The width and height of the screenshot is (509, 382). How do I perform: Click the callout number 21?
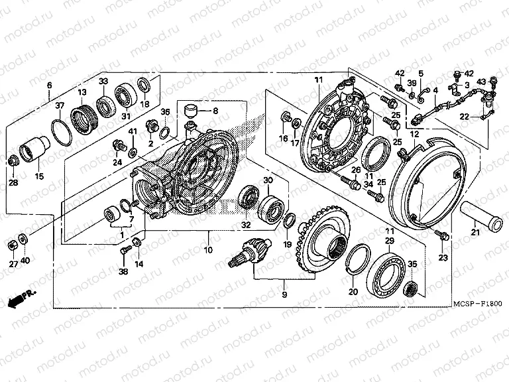pyautogui.click(x=474, y=231)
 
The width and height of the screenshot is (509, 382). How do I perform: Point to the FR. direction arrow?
pyautogui.click(x=23, y=296)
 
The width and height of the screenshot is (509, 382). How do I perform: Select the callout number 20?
pyautogui.click(x=353, y=291)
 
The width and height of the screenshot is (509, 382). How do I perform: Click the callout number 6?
pyautogui.click(x=49, y=86)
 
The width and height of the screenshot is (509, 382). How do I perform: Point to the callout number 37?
pyautogui.click(x=59, y=105)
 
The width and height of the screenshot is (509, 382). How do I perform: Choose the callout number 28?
pyautogui.click(x=14, y=182)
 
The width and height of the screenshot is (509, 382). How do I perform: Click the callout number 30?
pyautogui.click(x=268, y=181)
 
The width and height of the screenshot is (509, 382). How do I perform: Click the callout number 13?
pyautogui.click(x=83, y=92)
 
